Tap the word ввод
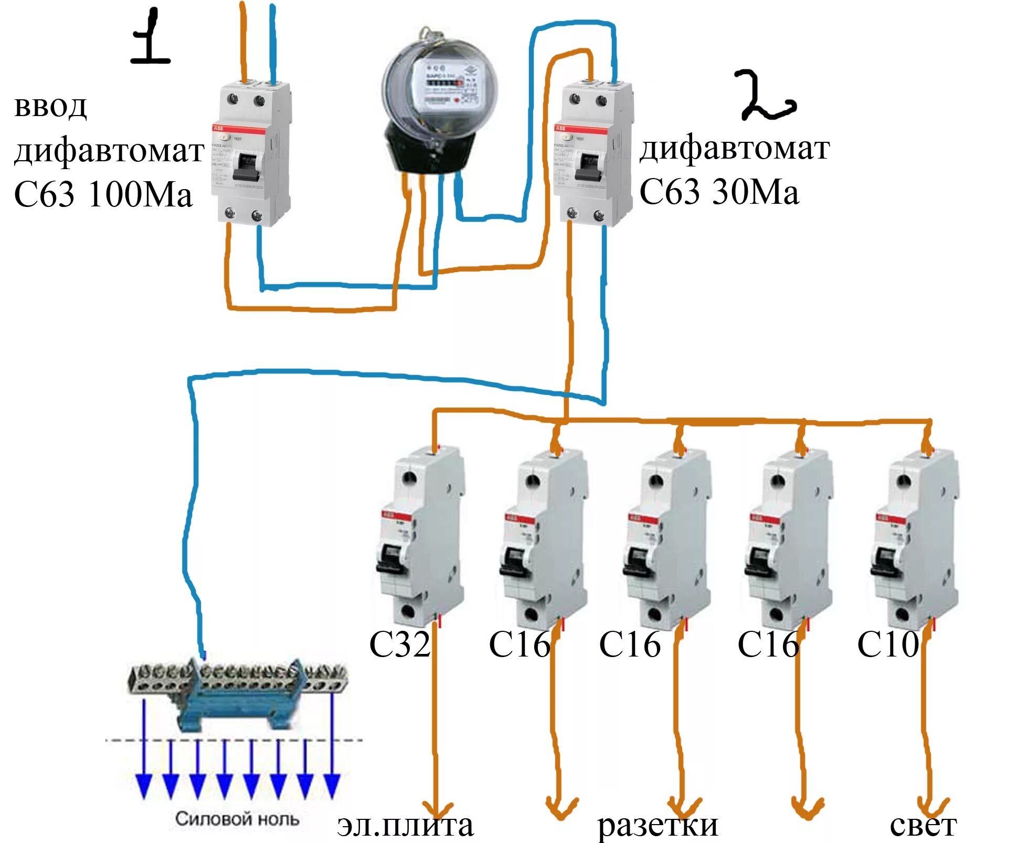(50, 107)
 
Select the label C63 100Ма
(103, 194)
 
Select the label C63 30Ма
(719, 192)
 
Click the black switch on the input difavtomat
(247, 167)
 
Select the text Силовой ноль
(237, 819)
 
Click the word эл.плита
(405, 825)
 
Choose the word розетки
(658, 825)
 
